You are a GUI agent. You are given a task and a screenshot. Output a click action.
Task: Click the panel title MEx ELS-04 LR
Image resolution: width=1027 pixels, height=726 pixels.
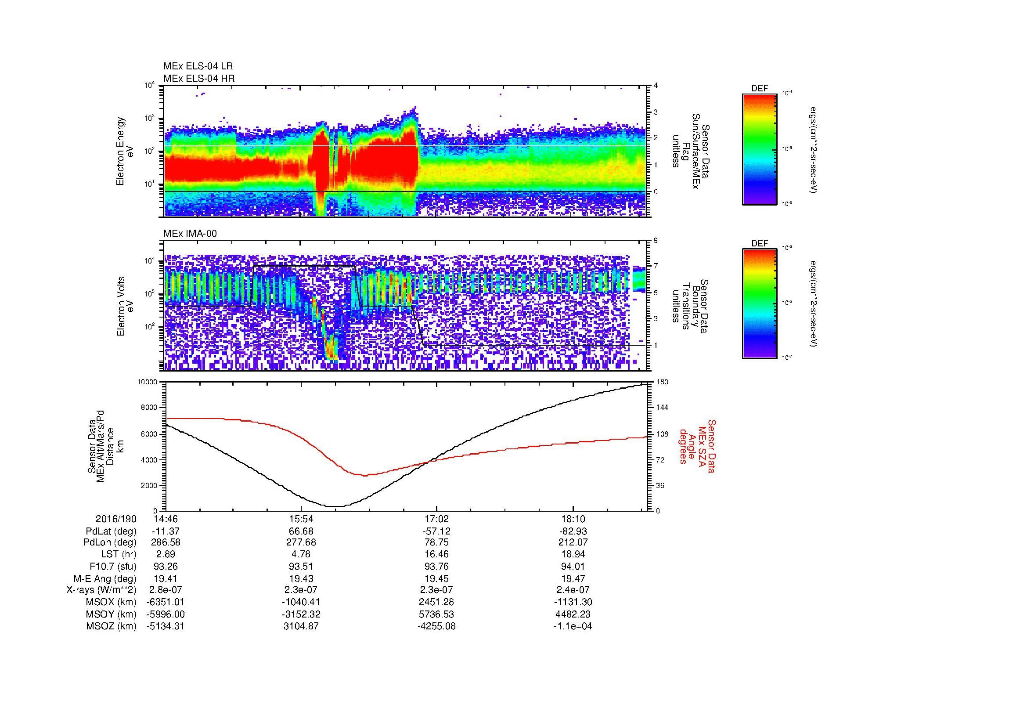click(198, 66)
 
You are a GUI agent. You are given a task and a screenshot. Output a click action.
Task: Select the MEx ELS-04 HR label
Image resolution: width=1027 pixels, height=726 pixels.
click(198, 78)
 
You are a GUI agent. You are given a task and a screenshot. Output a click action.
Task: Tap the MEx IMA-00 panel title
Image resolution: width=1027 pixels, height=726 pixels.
click(190, 234)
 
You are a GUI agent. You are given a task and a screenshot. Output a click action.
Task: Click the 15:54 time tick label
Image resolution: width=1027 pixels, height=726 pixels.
click(301, 519)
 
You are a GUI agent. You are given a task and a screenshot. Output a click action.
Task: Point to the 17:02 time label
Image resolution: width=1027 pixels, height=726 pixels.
click(436, 519)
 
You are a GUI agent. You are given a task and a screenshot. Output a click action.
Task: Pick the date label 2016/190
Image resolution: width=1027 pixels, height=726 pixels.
click(116, 519)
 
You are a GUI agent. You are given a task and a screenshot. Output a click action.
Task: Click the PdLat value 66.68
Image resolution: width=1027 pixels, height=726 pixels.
click(301, 531)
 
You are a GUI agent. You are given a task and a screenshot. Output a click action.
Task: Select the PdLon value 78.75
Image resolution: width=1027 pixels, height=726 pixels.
click(436, 542)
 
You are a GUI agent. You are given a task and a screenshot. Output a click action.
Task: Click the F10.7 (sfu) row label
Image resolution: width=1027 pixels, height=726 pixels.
click(113, 566)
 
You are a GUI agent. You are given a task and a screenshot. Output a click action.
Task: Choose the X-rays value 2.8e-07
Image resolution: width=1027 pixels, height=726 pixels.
click(166, 590)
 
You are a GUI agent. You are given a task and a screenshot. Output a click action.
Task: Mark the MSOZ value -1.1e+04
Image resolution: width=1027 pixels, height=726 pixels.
click(573, 626)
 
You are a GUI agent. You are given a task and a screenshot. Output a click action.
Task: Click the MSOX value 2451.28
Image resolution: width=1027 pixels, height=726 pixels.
click(436, 602)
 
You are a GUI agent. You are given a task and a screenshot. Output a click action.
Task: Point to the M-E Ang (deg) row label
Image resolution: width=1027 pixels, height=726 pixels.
click(105, 578)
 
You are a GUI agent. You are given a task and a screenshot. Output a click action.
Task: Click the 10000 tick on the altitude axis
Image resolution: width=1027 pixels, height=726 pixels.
click(148, 382)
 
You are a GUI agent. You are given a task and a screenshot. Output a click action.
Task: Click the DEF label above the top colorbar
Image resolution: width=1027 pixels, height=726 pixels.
click(760, 89)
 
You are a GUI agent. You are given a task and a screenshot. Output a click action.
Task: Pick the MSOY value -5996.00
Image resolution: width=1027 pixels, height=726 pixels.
click(166, 614)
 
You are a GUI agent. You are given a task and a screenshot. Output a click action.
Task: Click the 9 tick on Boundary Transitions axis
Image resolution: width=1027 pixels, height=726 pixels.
click(656, 241)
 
